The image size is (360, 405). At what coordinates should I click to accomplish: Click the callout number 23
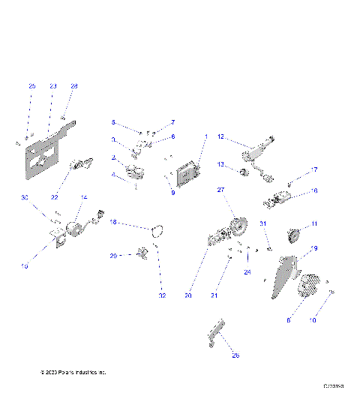[53, 86]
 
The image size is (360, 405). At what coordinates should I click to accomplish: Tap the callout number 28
[73, 86]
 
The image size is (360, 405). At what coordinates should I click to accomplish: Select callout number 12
[221, 136]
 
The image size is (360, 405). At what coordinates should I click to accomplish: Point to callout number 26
[235, 355]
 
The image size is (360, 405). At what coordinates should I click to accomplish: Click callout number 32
[161, 296]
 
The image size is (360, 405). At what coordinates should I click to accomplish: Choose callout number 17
[314, 169]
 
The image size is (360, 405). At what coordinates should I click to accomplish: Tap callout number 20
[188, 295]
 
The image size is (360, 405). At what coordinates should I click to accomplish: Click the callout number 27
[221, 190]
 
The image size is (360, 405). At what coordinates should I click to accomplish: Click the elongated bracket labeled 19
[284, 275]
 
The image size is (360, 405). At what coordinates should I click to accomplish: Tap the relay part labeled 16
[279, 199]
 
